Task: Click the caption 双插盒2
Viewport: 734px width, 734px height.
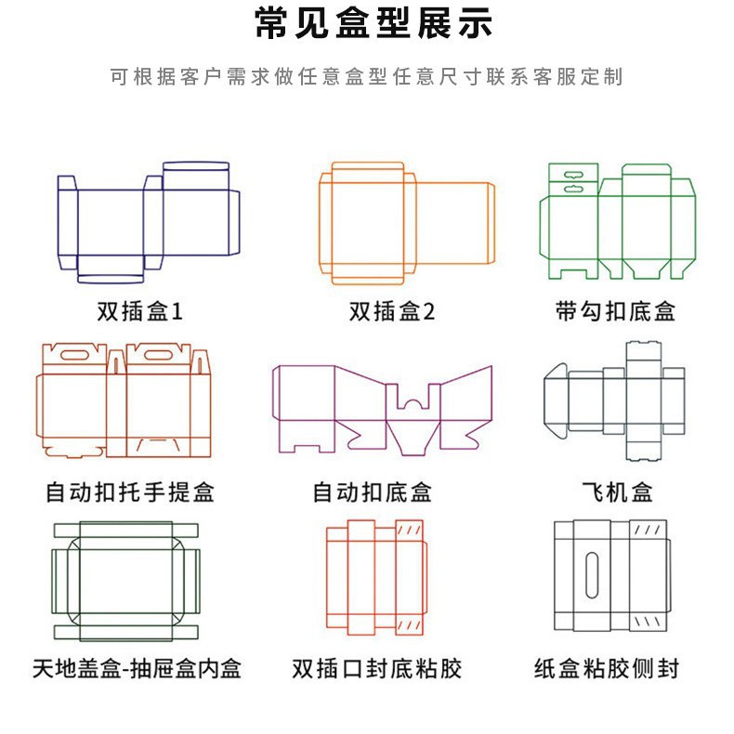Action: point(391,311)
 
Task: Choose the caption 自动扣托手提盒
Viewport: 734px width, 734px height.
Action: point(129,491)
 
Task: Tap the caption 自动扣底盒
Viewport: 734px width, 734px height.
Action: point(372,491)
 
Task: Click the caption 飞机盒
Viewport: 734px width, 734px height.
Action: point(616,491)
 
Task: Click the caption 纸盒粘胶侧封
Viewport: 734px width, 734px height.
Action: point(607,667)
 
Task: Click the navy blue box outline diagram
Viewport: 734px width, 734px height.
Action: point(149,223)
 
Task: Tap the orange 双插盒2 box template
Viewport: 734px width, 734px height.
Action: point(406,223)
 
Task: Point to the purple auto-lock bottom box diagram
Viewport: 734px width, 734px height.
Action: point(381,409)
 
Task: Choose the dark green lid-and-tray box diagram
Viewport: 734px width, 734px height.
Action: point(125,582)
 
